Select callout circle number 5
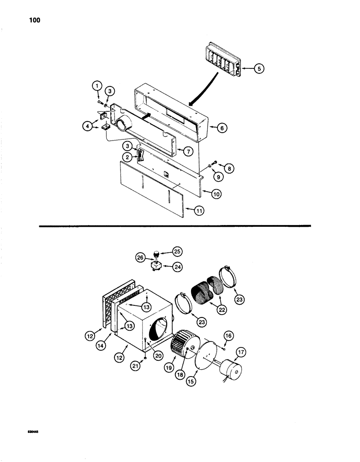[258, 68]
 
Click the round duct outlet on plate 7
[124, 123]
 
